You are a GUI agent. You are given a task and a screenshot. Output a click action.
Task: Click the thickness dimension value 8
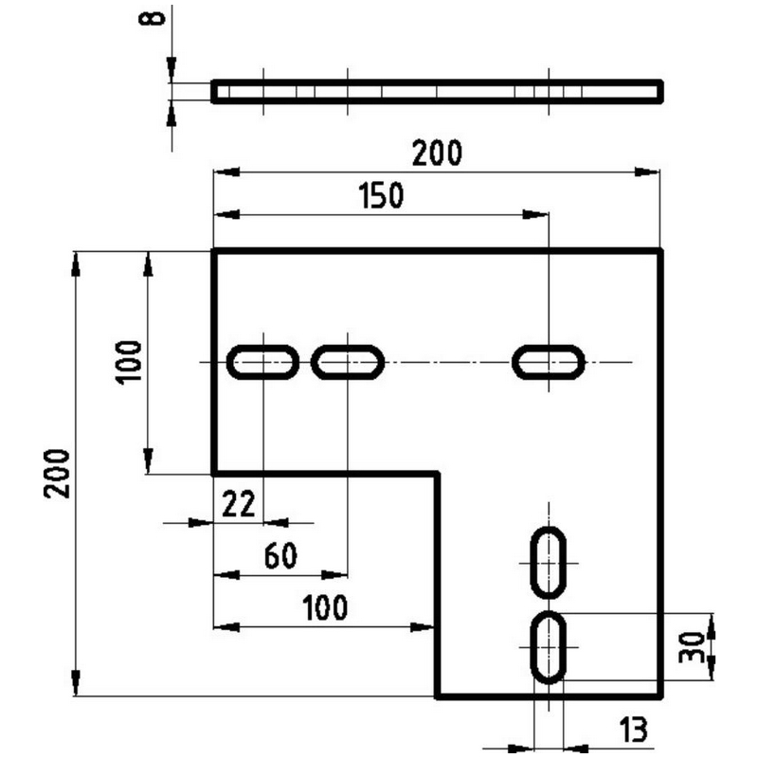[x=152, y=19]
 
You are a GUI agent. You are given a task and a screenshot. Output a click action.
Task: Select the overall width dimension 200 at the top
[x=437, y=153]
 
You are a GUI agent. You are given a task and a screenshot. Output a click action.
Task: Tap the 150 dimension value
[x=381, y=195]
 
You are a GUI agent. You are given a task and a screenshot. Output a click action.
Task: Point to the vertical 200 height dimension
[x=57, y=474]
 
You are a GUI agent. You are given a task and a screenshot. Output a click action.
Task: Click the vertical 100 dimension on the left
[x=129, y=362]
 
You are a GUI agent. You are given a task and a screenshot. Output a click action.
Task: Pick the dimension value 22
[x=239, y=504]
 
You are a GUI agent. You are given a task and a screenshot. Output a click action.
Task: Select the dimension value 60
[x=280, y=555]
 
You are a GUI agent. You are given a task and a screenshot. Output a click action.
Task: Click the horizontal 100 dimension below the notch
[x=325, y=607]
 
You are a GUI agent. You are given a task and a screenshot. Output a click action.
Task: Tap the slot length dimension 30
[x=692, y=647]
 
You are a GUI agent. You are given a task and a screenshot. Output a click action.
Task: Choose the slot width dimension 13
[x=633, y=730]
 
